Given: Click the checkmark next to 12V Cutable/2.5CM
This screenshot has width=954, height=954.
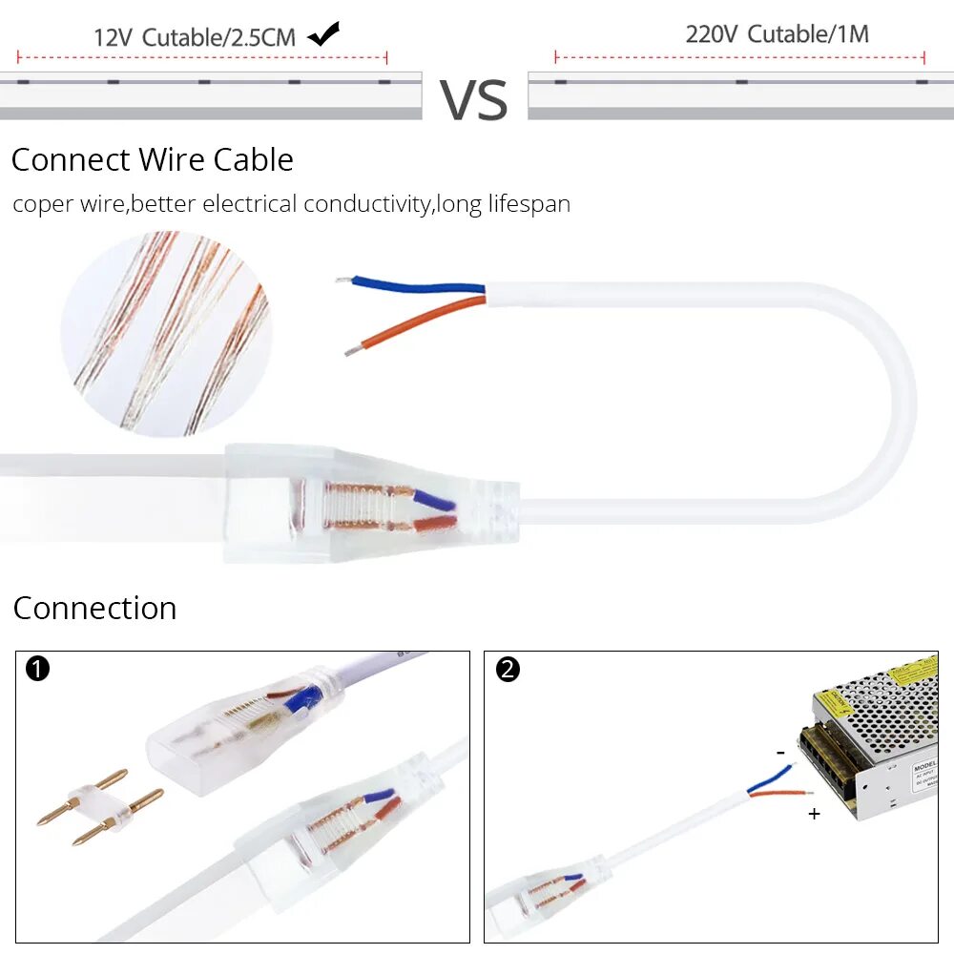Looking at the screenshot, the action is coord(324,34).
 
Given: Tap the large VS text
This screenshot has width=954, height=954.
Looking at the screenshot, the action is coord(474,100).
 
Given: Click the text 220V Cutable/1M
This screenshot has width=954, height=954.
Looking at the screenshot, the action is coord(777,34).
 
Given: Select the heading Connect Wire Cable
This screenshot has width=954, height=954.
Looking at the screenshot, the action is coord(152,159).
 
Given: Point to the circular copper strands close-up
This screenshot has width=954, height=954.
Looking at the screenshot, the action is coord(166,333).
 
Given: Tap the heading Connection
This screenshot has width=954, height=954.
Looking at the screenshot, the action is coord(94,608).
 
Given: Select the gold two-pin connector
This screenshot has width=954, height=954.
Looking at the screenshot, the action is coord(97,807).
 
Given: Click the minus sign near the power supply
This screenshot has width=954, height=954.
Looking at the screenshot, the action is coord(780,753).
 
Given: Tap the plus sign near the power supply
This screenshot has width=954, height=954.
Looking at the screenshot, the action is coord(814,814).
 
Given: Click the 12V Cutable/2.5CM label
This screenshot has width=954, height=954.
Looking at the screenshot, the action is coord(195,38).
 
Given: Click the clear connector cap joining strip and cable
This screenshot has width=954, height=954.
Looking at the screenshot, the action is coord(372,503).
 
